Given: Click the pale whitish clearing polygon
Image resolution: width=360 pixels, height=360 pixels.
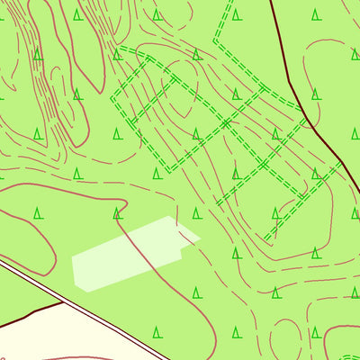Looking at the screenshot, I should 126,256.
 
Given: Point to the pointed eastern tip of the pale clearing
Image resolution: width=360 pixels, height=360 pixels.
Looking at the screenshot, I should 199,238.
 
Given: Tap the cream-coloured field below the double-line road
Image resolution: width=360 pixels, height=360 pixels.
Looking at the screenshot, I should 54,337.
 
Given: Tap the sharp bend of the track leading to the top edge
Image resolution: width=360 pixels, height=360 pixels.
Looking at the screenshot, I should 214,40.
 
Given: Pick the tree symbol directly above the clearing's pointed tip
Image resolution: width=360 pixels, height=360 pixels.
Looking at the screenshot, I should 196,213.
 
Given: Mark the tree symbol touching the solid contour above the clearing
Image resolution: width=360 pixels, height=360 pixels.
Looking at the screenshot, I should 117,213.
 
